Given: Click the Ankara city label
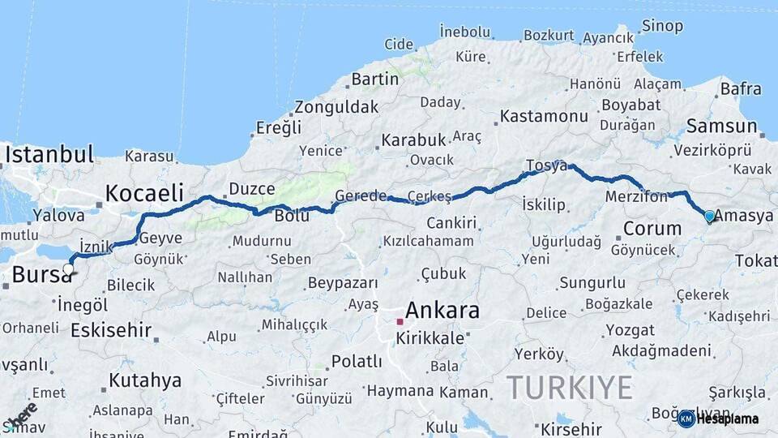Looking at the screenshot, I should pyautogui.click(x=442, y=310).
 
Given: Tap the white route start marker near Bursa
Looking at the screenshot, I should pyautogui.click(x=68, y=269).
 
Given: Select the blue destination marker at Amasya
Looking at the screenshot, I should pyautogui.click(x=709, y=217).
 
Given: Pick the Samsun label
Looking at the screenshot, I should pyautogui.click(x=720, y=127).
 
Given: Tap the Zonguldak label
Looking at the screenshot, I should pyautogui.click(x=336, y=107).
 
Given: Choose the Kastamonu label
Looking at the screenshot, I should pyautogui.click(x=544, y=116).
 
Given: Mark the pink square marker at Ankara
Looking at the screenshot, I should pyautogui.click(x=400, y=321).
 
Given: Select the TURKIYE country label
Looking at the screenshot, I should pyautogui.click(x=569, y=388).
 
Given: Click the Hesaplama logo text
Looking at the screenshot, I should pyautogui.click(x=725, y=419).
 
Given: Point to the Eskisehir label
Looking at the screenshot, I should pyautogui.click(x=111, y=330).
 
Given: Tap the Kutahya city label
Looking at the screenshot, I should pyautogui.click(x=145, y=380).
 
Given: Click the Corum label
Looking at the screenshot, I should pyautogui.click(x=652, y=229).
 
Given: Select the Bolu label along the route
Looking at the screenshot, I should pyautogui.click(x=292, y=217).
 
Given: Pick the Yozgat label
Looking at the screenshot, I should pyautogui.click(x=631, y=330).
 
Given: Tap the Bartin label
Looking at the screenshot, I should pyautogui.click(x=375, y=79).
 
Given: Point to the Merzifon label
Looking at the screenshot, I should pyautogui.click(x=636, y=196).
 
